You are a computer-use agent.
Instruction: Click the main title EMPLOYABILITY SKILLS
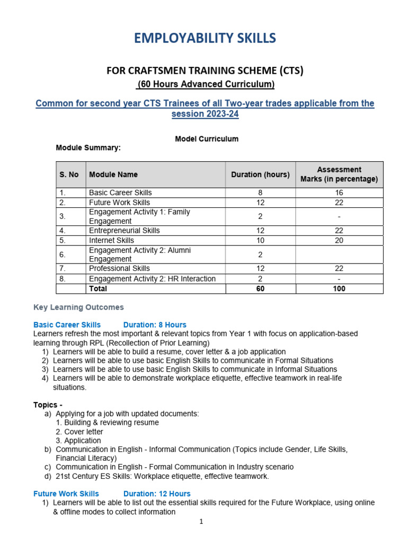[x=205, y=38]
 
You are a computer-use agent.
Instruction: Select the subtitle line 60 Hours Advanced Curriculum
[x=205, y=84]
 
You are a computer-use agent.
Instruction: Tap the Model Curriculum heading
[x=207, y=139]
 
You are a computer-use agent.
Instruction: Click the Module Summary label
[x=89, y=148]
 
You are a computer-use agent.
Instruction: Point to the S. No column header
[x=69, y=174]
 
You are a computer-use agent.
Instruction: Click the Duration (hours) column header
[x=260, y=174]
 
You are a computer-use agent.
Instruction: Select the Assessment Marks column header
[x=339, y=174]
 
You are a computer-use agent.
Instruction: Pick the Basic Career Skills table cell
[x=120, y=193]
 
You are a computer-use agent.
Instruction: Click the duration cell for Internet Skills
[x=260, y=240]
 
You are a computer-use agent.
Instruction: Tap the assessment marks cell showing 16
[x=339, y=193]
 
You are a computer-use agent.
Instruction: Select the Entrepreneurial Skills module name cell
[x=125, y=231]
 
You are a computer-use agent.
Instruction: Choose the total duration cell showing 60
[x=260, y=288]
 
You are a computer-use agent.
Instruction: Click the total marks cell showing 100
[x=339, y=288]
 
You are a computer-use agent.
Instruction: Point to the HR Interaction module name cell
[x=152, y=279]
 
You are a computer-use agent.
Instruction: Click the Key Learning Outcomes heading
[x=78, y=307]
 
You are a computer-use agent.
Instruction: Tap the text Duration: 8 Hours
[x=155, y=325]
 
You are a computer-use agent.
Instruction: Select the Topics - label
[x=48, y=405]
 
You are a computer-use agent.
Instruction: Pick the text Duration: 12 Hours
[x=157, y=494]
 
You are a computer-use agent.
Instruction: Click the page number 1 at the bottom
[x=201, y=522]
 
